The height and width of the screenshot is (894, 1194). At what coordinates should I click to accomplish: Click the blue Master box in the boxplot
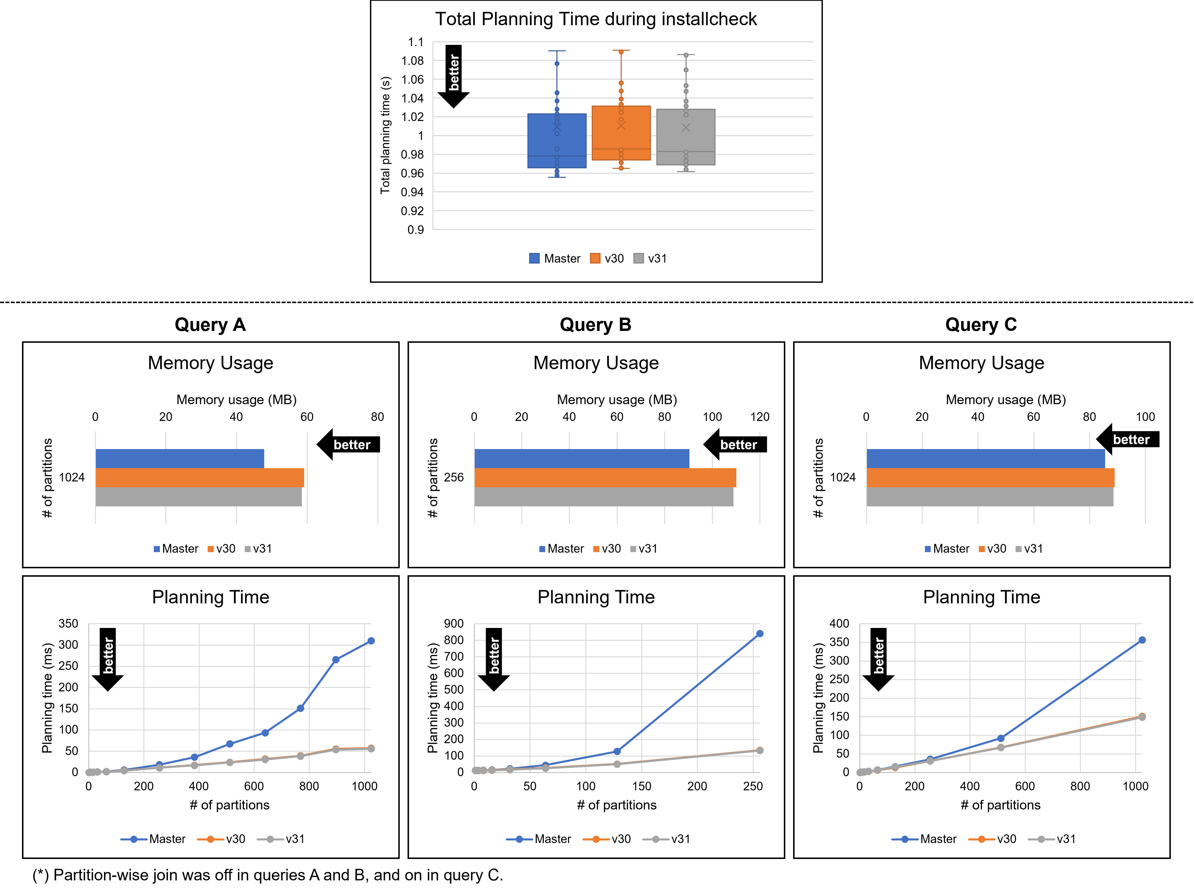click(556, 141)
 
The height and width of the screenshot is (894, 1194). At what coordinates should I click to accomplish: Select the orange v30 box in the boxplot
click(621, 133)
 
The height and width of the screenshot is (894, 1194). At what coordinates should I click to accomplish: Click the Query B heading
click(595, 325)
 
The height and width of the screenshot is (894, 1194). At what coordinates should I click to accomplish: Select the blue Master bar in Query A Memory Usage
click(180, 459)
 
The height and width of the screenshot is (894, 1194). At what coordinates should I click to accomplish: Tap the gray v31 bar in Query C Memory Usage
click(989, 497)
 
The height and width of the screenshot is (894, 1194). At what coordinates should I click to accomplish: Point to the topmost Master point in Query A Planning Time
click(371, 641)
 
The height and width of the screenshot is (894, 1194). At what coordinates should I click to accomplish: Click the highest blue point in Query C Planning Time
click(1142, 640)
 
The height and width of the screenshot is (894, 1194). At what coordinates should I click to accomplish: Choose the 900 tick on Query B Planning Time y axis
click(453, 624)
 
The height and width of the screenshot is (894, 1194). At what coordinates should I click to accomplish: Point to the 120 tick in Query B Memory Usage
click(760, 417)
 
